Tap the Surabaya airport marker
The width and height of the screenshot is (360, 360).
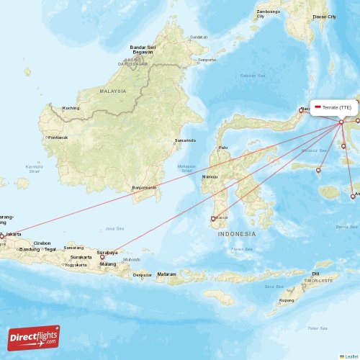102,257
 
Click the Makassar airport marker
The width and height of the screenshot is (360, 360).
212,219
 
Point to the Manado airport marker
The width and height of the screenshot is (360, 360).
301,110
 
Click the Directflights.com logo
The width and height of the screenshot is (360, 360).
34,337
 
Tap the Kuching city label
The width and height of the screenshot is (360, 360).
71,108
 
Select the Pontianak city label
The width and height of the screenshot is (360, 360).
57,137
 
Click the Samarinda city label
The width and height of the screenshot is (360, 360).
185,140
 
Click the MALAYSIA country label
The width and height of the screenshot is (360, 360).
112,91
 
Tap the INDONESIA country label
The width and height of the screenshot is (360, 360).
237,234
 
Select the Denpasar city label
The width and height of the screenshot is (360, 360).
143,274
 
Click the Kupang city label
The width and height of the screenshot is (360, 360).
287,300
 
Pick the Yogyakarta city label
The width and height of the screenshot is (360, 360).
76,264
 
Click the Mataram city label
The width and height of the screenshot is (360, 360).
167,274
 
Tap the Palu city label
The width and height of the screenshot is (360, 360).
223,148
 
